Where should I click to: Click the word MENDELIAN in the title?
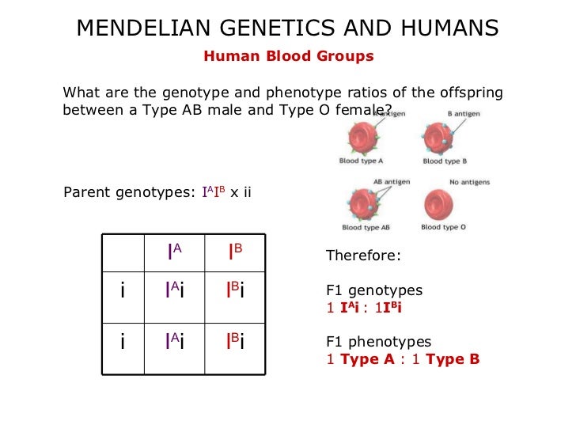pos(139,28)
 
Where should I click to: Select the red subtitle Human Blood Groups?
pos(289,56)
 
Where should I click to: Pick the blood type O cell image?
pos(442,204)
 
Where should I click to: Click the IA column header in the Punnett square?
pos(175,252)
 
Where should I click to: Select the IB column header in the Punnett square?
pos(235,252)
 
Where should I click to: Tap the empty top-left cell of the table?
pos(123,252)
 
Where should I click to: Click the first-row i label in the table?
pos(123,291)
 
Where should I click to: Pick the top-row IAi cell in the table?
pos(175,291)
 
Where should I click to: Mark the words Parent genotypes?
pos(127,192)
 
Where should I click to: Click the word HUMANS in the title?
pos(447,28)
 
